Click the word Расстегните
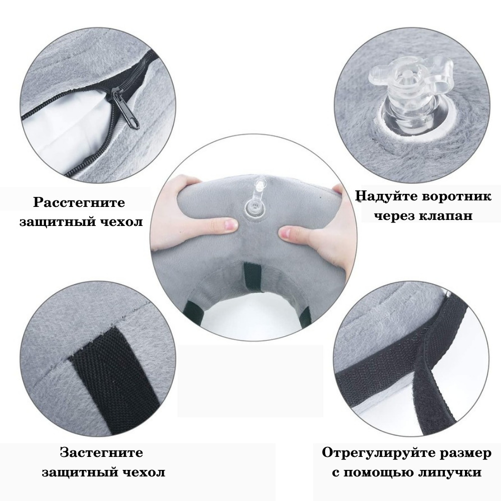click(x=79, y=203)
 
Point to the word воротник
click(x=456, y=196)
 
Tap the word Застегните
click(x=101, y=452)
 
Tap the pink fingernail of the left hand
click(x=230, y=226)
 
